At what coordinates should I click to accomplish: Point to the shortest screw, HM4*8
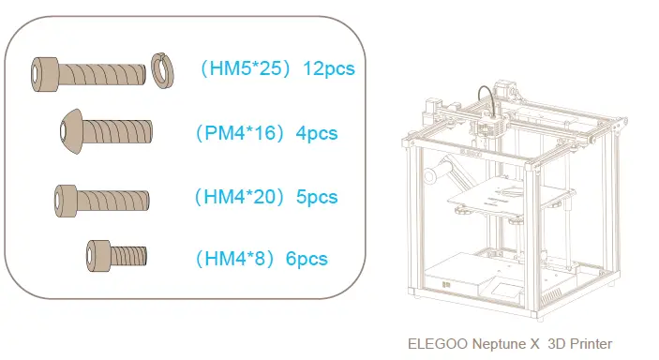[x=117, y=253]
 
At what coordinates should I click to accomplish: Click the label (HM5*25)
[x=246, y=69]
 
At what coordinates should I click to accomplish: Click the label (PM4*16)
[x=241, y=133]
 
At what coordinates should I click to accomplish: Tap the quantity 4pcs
[x=316, y=133]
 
